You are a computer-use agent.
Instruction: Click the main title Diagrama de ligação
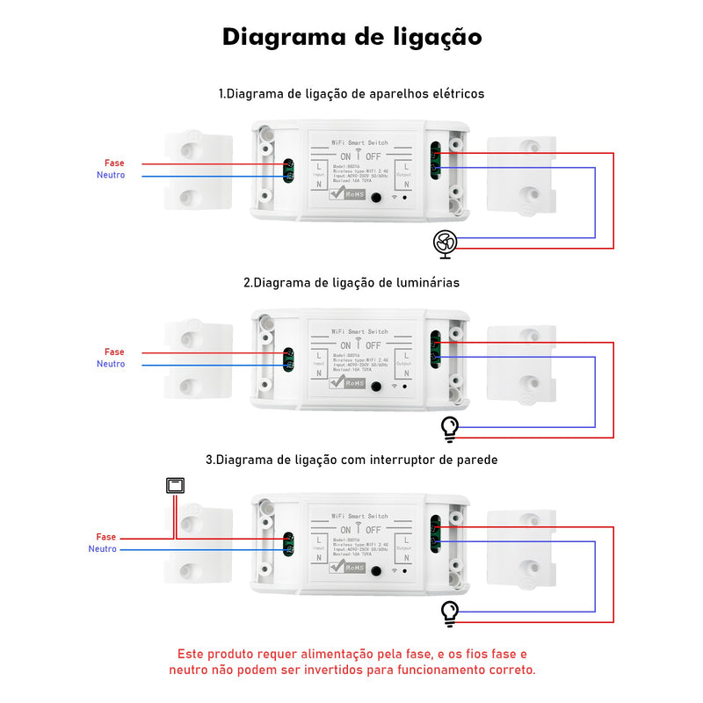tap(351, 37)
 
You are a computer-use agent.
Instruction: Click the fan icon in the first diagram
tap(445, 243)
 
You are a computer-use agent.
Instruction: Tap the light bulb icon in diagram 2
tap(450, 428)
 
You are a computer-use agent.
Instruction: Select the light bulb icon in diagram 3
tap(450, 612)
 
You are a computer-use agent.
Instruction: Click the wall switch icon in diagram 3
tap(174, 485)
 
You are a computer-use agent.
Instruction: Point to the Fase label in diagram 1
tap(114, 163)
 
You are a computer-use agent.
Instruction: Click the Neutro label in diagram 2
tap(111, 364)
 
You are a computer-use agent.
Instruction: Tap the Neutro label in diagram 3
tap(103, 549)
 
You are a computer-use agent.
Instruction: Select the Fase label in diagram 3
tap(106, 537)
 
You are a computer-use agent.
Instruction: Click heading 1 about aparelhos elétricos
tap(351, 93)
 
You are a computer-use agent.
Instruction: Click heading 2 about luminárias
tap(351, 283)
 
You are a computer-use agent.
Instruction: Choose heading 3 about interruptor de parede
tap(351, 460)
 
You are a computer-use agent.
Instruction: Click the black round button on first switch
tap(377, 197)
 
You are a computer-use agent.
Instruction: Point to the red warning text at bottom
tap(351, 662)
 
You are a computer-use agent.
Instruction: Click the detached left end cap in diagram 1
tap(199, 171)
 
